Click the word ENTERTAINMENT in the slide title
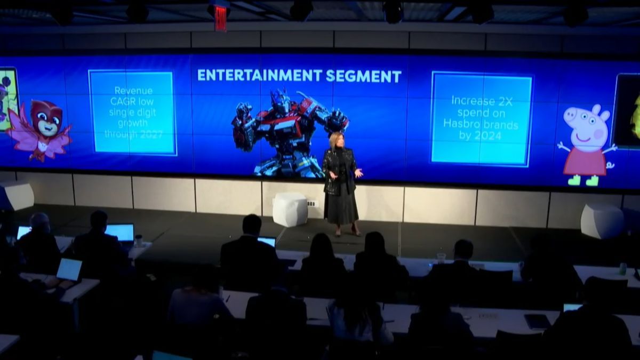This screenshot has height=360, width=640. (259, 76)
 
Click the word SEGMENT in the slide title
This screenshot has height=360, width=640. (363, 76)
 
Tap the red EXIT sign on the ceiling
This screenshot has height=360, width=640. (221, 18)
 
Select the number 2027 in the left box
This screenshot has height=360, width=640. (149, 134)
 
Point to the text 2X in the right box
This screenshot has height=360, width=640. (505, 101)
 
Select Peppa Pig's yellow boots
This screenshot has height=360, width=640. (583, 180)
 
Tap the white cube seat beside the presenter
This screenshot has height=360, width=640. (290, 210)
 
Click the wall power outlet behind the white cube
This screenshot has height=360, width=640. (313, 204)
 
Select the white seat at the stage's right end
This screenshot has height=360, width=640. (602, 221)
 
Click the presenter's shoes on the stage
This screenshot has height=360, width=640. (347, 232)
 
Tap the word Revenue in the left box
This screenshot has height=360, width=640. (133, 91)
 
